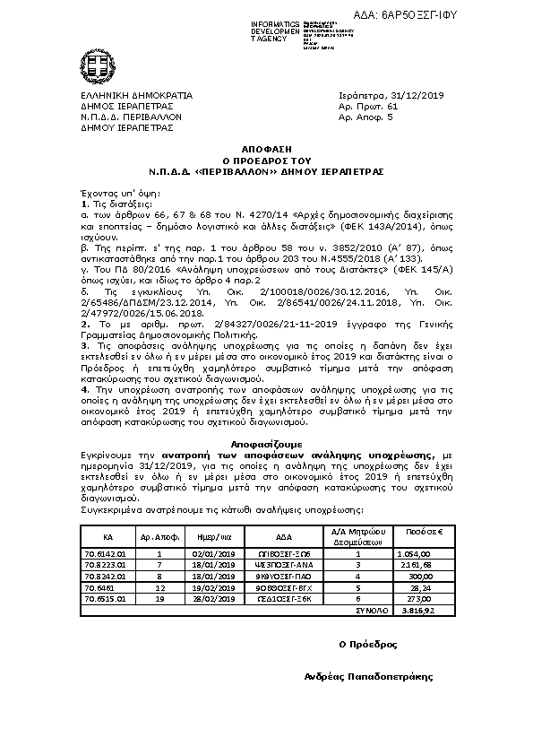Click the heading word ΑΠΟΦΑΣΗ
(x=267, y=146)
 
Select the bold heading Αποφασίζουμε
(x=266, y=445)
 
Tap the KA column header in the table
(x=107, y=536)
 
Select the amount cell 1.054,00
(x=417, y=554)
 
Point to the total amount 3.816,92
(x=418, y=609)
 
